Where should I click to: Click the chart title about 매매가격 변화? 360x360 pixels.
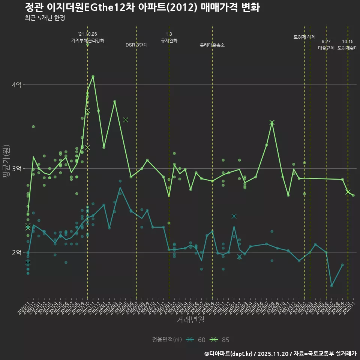[x=142, y=7]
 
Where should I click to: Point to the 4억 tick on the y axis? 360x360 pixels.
[x=16, y=85]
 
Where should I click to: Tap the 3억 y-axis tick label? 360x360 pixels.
[x=16, y=169]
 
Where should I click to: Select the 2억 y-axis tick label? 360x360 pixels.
[x=16, y=252]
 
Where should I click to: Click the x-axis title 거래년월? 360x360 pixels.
[x=190, y=320]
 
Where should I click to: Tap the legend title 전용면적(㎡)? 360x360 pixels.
[x=167, y=340]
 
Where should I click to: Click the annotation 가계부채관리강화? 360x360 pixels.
[x=88, y=40]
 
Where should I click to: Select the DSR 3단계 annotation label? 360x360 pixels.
[x=136, y=45]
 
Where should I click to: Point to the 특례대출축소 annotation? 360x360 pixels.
[x=212, y=45]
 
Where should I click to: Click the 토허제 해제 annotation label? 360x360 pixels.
[x=304, y=37]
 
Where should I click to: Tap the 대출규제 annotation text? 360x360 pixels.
[x=326, y=48]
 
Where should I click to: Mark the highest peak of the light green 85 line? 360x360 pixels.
[x=93, y=76]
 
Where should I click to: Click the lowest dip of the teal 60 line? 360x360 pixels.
[x=331, y=286]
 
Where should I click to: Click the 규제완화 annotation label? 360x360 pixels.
[x=169, y=40]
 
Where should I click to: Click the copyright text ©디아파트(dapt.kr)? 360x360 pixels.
[x=229, y=353]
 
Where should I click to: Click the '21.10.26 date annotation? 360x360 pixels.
[x=88, y=34]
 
